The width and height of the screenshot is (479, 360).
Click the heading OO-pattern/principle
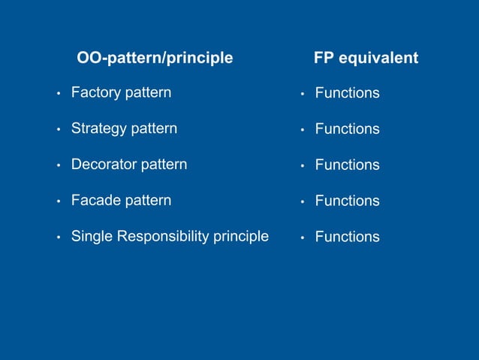155,58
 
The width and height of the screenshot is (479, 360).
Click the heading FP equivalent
366,58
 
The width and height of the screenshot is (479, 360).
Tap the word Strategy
99,129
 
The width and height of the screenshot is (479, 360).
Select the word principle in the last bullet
241,237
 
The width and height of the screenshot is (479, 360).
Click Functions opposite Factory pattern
347,94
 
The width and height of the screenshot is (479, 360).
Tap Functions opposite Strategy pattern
347,129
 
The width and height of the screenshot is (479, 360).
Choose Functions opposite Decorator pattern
347,165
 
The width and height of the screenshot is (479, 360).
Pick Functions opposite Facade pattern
347,201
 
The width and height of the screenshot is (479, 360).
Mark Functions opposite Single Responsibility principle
347,237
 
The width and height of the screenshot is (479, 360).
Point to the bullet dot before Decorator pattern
58,165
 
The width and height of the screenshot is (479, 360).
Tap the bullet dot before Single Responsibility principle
58,238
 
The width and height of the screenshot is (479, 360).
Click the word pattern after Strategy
154,129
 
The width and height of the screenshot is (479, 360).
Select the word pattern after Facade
148,201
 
